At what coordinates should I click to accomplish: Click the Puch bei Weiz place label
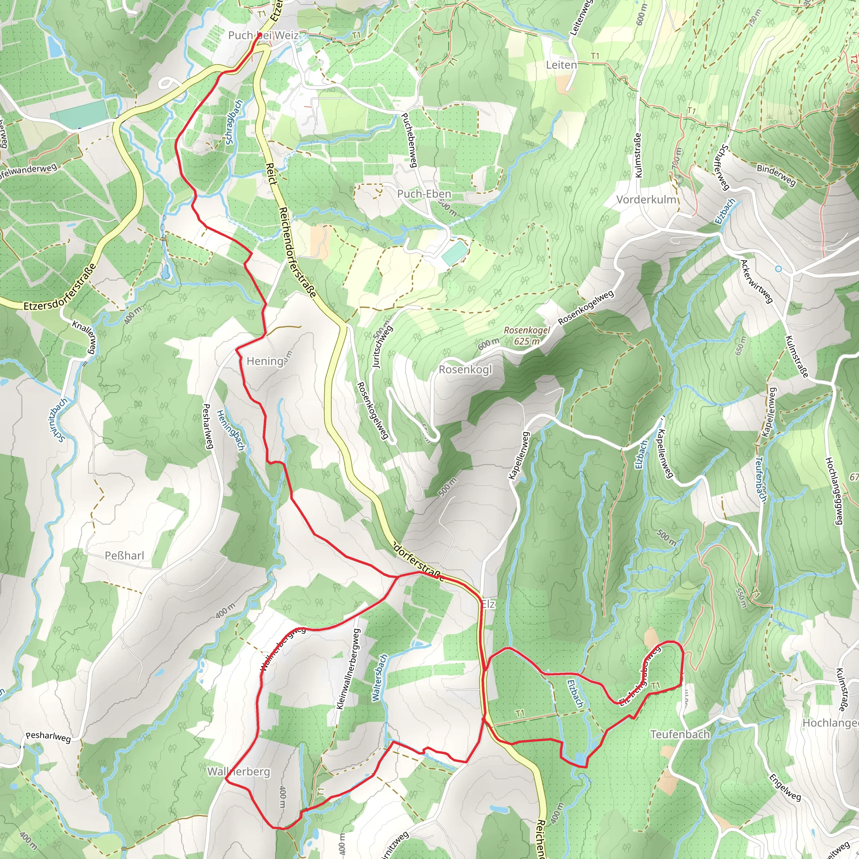click(263, 35)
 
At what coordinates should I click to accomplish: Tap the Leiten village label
click(561, 65)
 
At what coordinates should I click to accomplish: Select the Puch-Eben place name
click(424, 194)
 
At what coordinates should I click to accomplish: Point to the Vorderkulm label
click(646, 200)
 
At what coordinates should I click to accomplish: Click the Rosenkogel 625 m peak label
click(527, 336)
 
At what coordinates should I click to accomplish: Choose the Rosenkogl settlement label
click(465, 370)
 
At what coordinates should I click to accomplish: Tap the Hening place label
click(265, 361)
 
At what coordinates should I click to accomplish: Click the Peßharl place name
click(125, 555)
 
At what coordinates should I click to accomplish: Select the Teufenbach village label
click(680, 734)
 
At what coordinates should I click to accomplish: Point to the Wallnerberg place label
click(239, 771)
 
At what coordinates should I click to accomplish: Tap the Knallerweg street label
click(84, 338)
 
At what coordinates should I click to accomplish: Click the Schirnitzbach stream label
click(57, 420)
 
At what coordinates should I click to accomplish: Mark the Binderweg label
click(776, 175)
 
